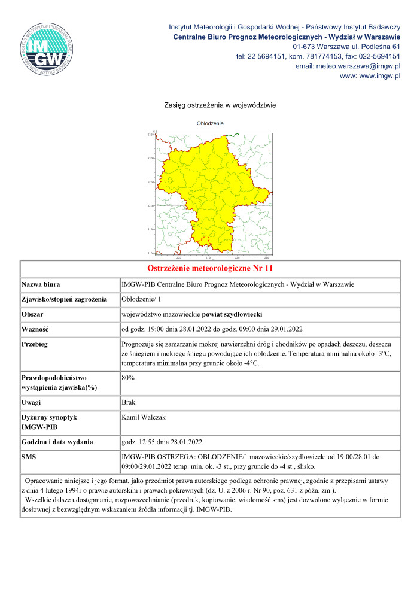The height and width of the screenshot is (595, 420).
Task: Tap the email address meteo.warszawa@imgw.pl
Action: pos(348,66)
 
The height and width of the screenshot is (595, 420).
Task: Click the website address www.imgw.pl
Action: pos(370,76)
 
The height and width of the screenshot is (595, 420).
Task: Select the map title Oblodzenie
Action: pos(210,123)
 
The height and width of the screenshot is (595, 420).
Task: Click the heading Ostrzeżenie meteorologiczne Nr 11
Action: pos(210,268)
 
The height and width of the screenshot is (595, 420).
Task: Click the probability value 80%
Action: pos(128,378)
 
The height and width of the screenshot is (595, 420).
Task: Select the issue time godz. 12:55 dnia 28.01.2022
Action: pos(162,442)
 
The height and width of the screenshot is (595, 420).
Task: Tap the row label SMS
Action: pos(29,457)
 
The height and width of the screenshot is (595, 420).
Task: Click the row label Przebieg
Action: pos(35,345)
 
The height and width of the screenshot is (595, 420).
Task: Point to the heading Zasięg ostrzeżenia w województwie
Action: pos(220,105)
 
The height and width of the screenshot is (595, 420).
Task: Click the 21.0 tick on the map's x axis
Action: pos(208,257)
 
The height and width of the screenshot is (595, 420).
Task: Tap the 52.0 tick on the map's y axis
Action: pos(151,205)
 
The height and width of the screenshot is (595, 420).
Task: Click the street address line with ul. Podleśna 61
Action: pos(346,47)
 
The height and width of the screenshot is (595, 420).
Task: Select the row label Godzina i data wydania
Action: pos(57,442)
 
